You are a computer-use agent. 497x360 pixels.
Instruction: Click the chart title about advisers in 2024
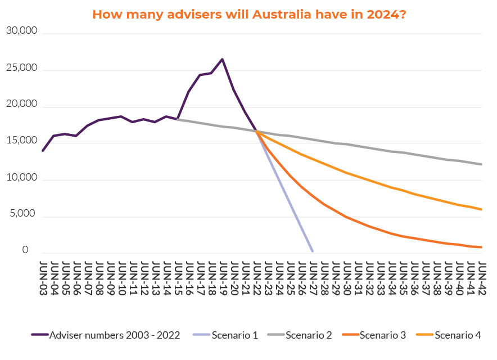coord(249,14)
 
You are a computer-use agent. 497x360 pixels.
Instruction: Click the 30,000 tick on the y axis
coord(21,31)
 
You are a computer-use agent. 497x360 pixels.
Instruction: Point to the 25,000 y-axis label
coord(21,68)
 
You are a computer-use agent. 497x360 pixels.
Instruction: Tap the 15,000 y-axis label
coord(21,141)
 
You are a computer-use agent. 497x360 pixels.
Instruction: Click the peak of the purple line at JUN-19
coord(223,59)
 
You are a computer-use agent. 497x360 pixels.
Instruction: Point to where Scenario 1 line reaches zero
coord(313,251)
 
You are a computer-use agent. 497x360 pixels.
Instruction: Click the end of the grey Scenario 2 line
coord(482,164)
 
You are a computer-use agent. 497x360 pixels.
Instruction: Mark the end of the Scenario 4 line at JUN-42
coord(482,209)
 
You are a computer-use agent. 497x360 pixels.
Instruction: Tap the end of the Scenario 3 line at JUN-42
coord(482,247)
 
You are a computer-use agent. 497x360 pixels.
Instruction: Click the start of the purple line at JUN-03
coord(43,151)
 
